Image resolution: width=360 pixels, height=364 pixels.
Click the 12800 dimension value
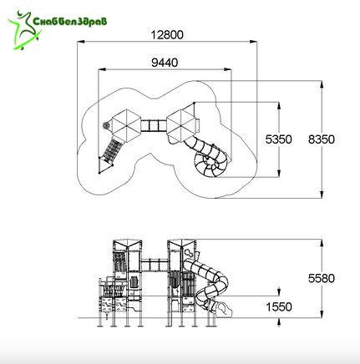coord(167,35)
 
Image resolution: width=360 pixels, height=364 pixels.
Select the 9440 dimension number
coord(165,63)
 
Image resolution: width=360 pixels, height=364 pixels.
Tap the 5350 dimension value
coord(278,139)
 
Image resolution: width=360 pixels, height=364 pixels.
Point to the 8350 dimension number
coord(322,139)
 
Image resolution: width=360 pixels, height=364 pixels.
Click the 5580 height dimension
coord(322,278)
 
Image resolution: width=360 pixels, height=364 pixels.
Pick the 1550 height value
coord(279,307)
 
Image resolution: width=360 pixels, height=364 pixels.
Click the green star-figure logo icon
coord(24,30)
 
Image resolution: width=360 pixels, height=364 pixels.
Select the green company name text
coord(70,22)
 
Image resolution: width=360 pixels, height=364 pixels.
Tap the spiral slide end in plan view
coord(210,164)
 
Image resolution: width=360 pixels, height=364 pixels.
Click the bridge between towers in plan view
coord(154,125)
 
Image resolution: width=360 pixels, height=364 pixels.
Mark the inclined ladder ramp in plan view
coord(110,149)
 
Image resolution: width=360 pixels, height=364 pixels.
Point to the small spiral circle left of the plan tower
coord(106,126)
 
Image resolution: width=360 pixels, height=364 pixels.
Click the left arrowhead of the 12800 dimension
coord(80,42)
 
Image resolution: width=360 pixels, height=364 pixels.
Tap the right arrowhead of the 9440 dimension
coord(228,69)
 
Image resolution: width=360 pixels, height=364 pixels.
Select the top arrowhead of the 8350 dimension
coord(322,84)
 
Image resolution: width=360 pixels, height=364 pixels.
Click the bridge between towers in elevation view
coord(155,265)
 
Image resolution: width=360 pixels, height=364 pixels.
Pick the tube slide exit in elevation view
coord(224,309)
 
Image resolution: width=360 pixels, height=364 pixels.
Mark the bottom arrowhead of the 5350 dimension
coord(279,174)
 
